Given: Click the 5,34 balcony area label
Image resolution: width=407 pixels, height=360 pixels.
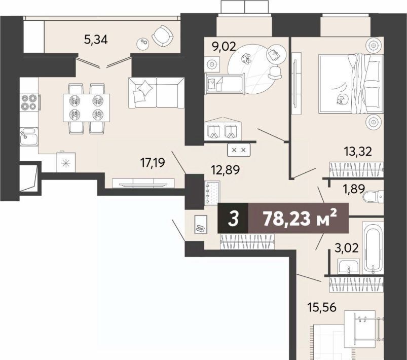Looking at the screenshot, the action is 96,40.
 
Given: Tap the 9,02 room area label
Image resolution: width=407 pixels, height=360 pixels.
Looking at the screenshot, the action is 224,47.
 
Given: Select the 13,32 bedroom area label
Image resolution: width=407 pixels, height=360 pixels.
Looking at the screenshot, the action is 358,151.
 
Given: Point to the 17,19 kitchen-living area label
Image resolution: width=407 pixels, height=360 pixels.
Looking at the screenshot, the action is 153,163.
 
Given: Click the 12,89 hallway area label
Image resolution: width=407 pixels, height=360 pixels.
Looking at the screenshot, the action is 226,170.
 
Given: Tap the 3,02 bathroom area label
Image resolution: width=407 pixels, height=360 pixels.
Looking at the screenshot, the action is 347,248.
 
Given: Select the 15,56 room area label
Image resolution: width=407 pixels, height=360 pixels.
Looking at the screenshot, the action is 322,308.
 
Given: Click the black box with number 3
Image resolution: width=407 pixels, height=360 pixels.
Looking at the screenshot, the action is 233,218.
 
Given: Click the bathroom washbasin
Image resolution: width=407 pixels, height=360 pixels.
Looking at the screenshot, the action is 349,267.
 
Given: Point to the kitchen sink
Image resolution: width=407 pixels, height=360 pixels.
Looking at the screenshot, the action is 29,136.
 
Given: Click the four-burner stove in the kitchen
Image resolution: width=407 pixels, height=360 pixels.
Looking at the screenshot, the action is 29,102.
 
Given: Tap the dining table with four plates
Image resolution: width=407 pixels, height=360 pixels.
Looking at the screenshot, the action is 86,108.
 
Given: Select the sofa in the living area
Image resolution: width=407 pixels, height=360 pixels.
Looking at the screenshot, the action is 157,93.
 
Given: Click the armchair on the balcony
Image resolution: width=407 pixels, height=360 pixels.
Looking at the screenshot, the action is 163,36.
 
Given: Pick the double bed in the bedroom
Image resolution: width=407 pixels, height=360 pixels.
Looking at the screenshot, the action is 351,84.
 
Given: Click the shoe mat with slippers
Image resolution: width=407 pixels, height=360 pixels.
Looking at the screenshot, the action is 201,225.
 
